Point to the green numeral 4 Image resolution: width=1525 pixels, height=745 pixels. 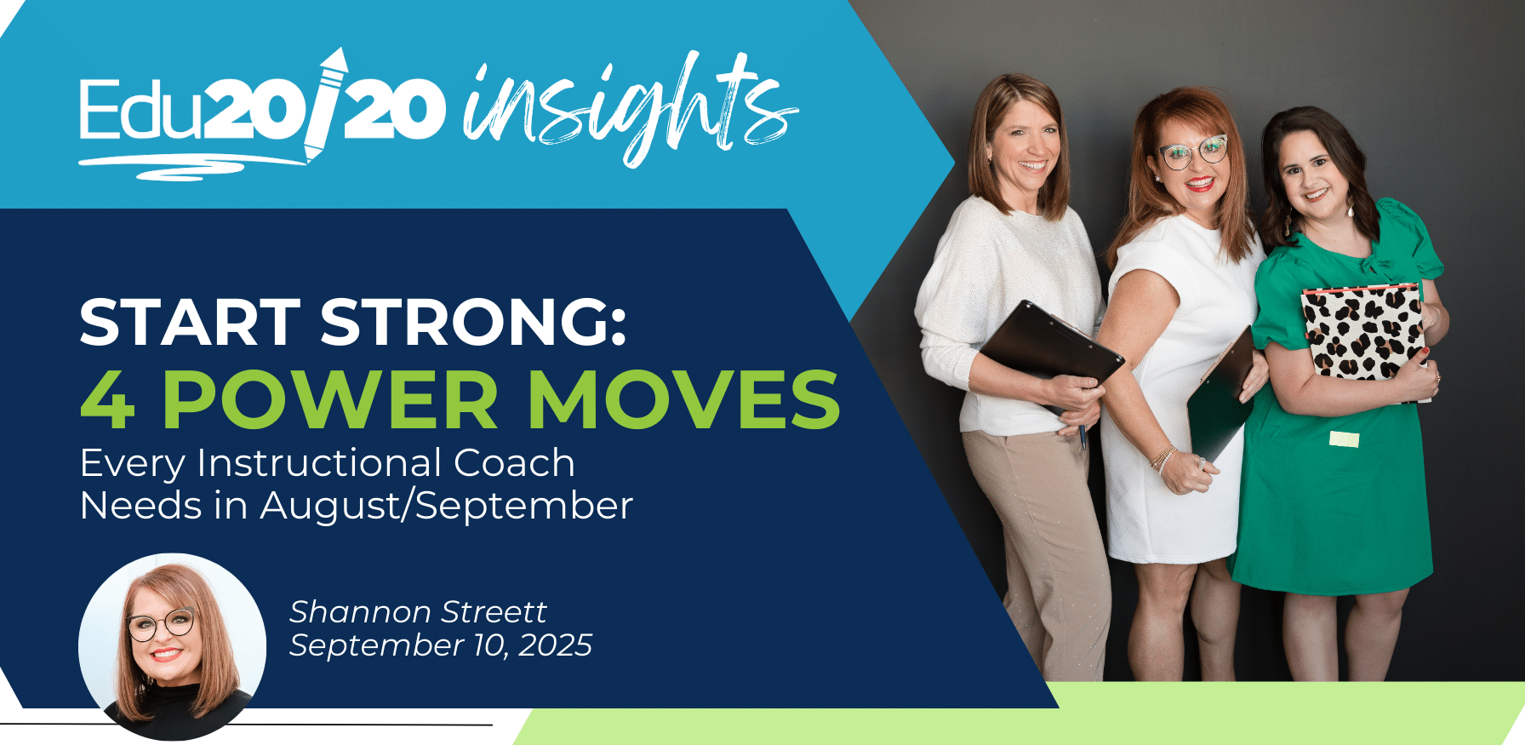(108, 399)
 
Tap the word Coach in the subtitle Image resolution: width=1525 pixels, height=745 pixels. (514, 463)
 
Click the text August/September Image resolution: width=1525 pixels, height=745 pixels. (447, 507)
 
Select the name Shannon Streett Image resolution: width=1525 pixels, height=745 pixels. (418, 611)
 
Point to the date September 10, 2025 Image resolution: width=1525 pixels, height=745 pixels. (441, 645)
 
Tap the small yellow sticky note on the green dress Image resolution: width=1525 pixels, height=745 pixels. (1344, 439)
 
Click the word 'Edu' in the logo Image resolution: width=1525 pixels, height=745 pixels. (141, 108)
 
